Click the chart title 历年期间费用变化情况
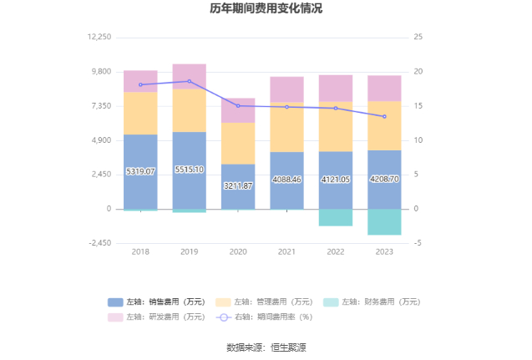click(x=266, y=9)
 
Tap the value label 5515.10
click(x=189, y=170)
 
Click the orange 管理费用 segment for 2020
click(x=238, y=143)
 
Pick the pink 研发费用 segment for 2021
click(x=286, y=89)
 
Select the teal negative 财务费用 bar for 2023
click(x=384, y=221)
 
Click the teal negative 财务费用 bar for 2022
click(x=336, y=217)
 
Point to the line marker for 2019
click(x=189, y=81)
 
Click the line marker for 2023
click(x=384, y=116)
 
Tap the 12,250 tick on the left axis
click(x=99, y=38)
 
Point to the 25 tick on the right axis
click(x=418, y=38)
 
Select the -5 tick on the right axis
click(x=417, y=243)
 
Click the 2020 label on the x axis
click(x=238, y=251)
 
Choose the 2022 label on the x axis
click(x=336, y=251)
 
